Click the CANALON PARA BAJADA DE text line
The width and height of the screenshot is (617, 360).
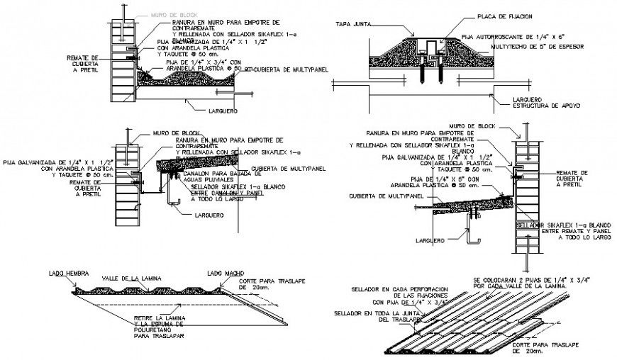tap(212, 174)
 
